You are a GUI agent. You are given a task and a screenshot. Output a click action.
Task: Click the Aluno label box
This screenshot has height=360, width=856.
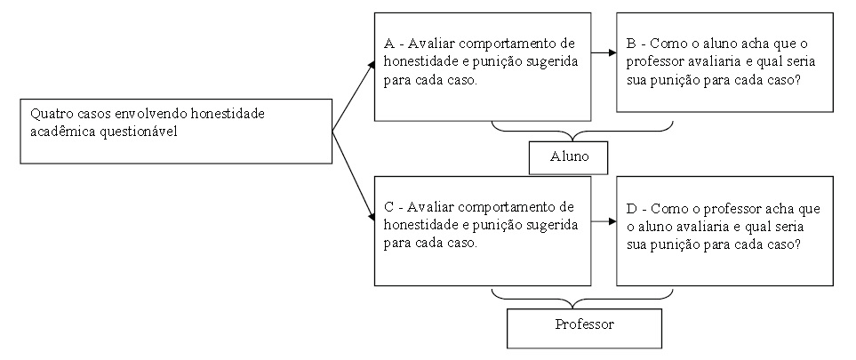pos(567,157)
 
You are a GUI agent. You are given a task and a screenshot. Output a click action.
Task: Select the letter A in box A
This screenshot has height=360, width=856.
pos(388,44)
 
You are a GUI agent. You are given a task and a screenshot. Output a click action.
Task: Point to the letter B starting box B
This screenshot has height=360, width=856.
pos(630,44)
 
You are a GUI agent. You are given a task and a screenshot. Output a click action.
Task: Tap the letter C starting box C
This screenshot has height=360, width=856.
pos(388,208)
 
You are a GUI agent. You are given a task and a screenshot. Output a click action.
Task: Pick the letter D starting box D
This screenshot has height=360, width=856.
pos(630,209)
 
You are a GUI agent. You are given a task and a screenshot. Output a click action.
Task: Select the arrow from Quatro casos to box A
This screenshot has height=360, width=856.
pos(354,96)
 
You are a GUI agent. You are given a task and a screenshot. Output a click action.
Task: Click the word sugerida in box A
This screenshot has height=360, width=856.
pos(551,61)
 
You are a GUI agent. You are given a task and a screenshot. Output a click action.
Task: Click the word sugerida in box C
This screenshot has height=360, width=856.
pos(551,226)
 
